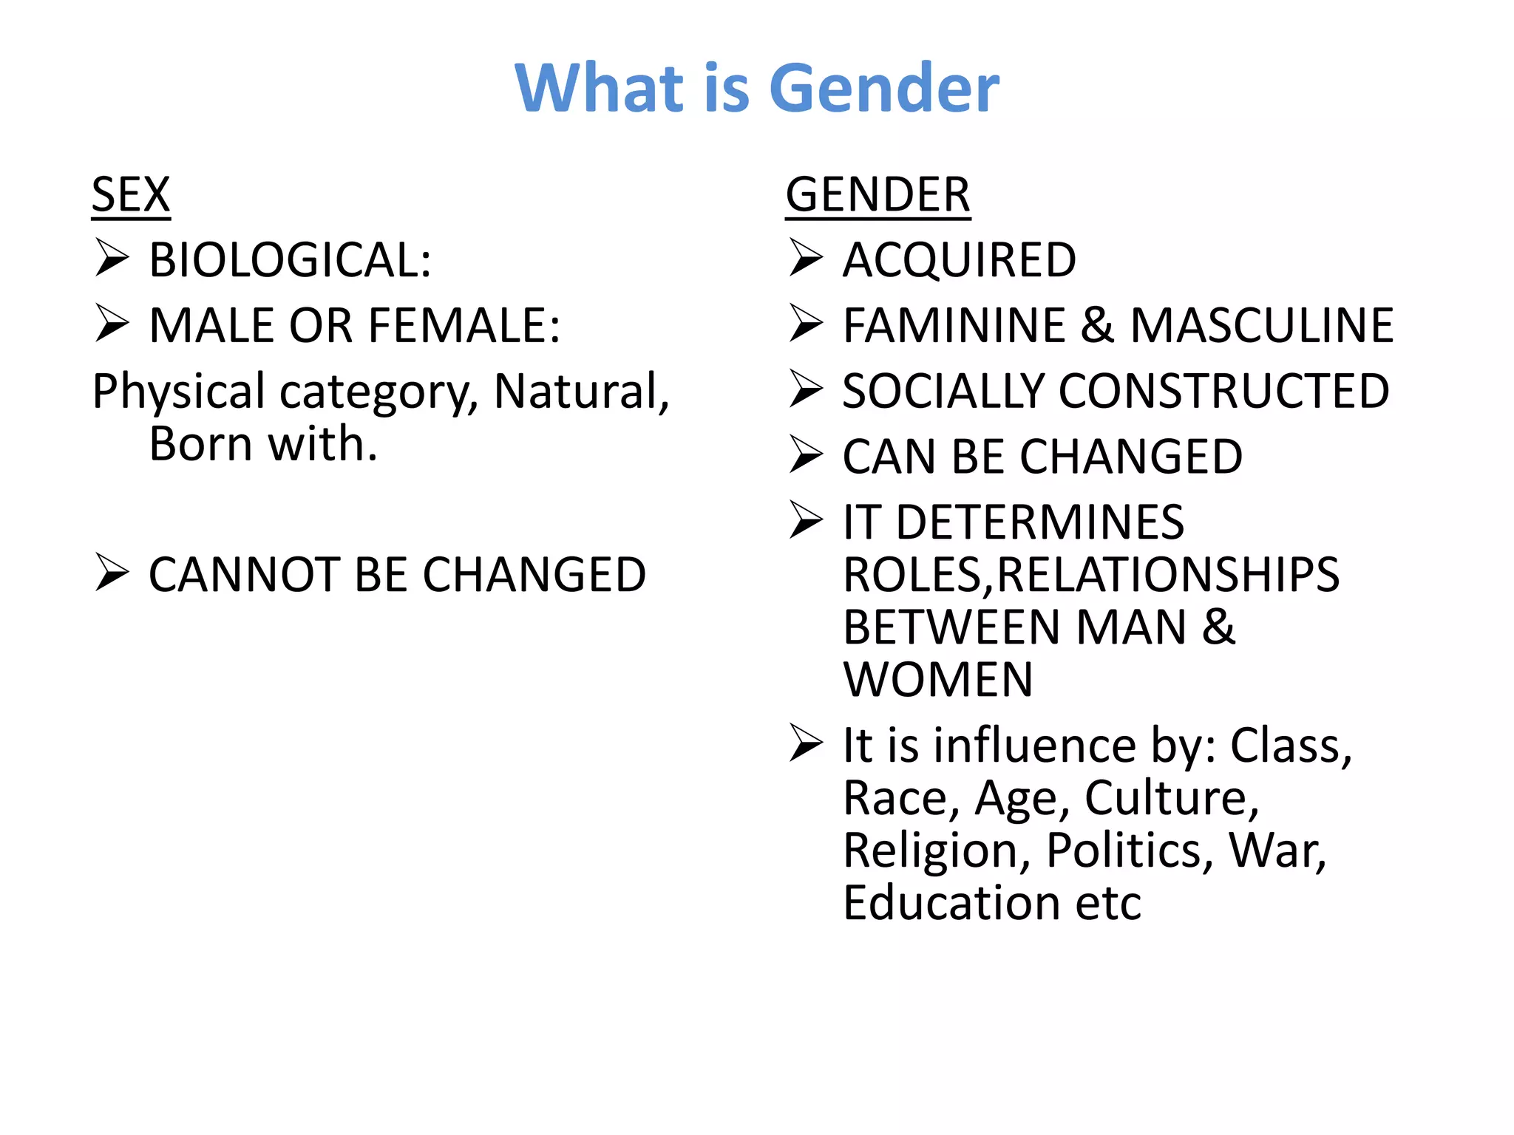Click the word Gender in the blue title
pyautogui.click(x=884, y=89)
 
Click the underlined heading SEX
pyautogui.click(x=131, y=195)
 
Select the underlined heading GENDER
pyautogui.click(x=877, y=195)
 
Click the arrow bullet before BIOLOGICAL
pyautogui.click(x=112, y=259)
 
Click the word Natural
pyautogui.click(x=581, y=391)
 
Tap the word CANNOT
pyautogui.click(x=243, y=575)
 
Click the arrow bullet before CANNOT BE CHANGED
pyautogui.click(x=112, y=573)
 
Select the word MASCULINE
pyautogui.click(x=1262, y=326)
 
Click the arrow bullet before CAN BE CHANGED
pyautogui.click(x=806, y=454)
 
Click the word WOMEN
pyautogui.click(x=938, y=680)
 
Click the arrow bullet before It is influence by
pyautogui.click(x=806, y=743)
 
